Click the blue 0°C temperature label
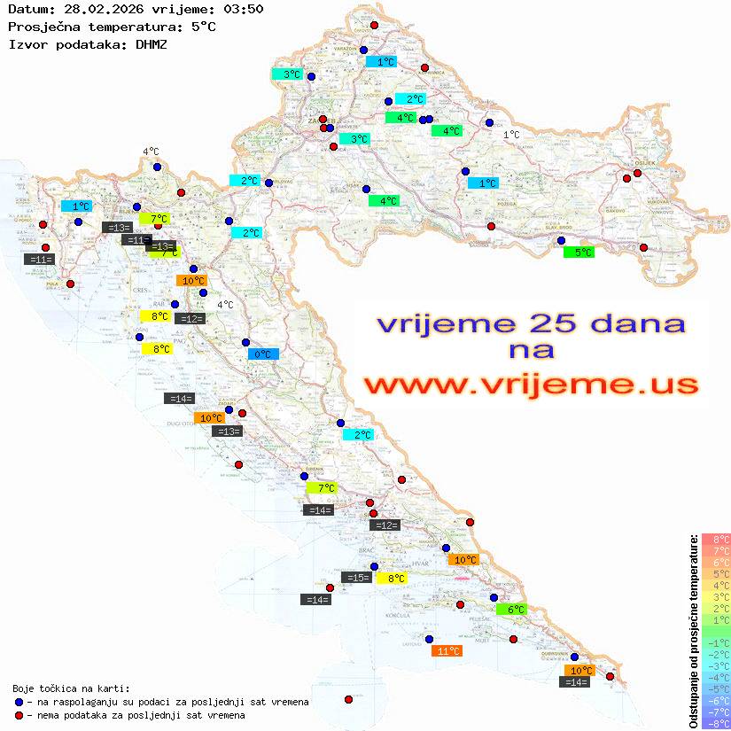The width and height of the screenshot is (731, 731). point(263,354)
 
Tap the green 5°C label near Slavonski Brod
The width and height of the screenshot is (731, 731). point(579,253)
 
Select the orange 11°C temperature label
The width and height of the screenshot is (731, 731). point(446,651)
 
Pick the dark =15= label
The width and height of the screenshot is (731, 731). point(356,578)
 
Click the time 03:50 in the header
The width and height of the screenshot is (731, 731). point(244,10)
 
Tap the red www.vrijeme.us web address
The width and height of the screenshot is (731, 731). point(530,385)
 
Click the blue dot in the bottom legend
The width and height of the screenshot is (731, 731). point(19,702)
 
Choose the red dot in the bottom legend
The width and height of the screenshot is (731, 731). point(19,715)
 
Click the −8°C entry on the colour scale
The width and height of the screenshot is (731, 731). point(716,723)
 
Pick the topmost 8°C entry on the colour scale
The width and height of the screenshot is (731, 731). point(716,539)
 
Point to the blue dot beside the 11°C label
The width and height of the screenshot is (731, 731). point(429,639)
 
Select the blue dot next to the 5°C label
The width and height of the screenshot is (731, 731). point(560,240)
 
